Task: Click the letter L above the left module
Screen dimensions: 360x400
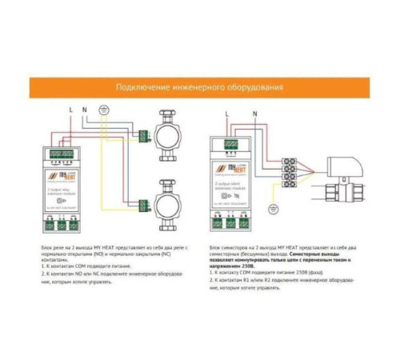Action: pyautogui.click(x=71, y=108)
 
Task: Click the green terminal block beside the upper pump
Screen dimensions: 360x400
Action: pyautogui.click(x=143, y=136)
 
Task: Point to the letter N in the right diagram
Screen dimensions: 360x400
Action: pyautogui.click(x=254, y=114)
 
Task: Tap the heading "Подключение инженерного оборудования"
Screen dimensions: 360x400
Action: pyautogui.click(x=199, y=87)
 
